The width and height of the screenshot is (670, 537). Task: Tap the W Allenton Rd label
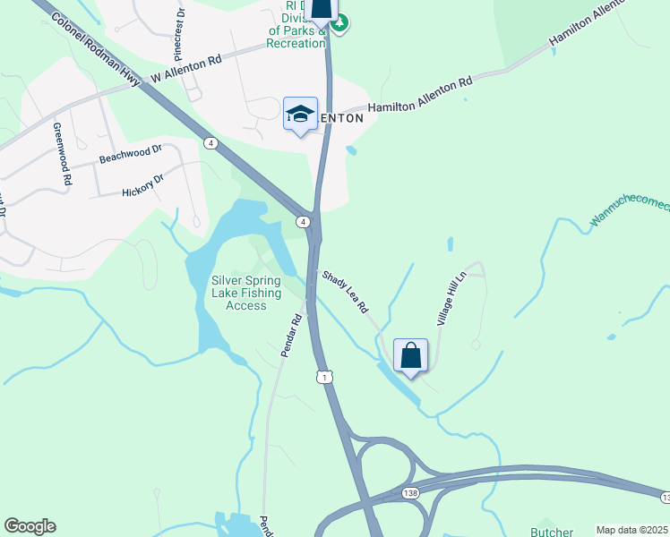[x=185, y=71]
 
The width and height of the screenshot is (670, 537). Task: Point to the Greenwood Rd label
[x=62, y=154]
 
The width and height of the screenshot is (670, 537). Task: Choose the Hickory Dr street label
[x=143, y=185]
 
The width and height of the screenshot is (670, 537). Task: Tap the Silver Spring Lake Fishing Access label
[x=246, y=293]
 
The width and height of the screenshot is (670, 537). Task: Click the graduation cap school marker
[x=300, y=115]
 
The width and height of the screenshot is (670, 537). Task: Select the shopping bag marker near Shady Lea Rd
[x=410, y=355]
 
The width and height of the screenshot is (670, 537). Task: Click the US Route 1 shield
[x=323, y=378]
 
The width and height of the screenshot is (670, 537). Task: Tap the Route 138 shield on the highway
[x=410, y=493]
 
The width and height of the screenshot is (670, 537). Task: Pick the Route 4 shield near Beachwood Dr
[x=209, y=142]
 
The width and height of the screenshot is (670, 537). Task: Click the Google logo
[x=30, y=525]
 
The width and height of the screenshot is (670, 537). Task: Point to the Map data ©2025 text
[x=631, y=530]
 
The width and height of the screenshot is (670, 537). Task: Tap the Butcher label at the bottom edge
[x=551, y=531]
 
